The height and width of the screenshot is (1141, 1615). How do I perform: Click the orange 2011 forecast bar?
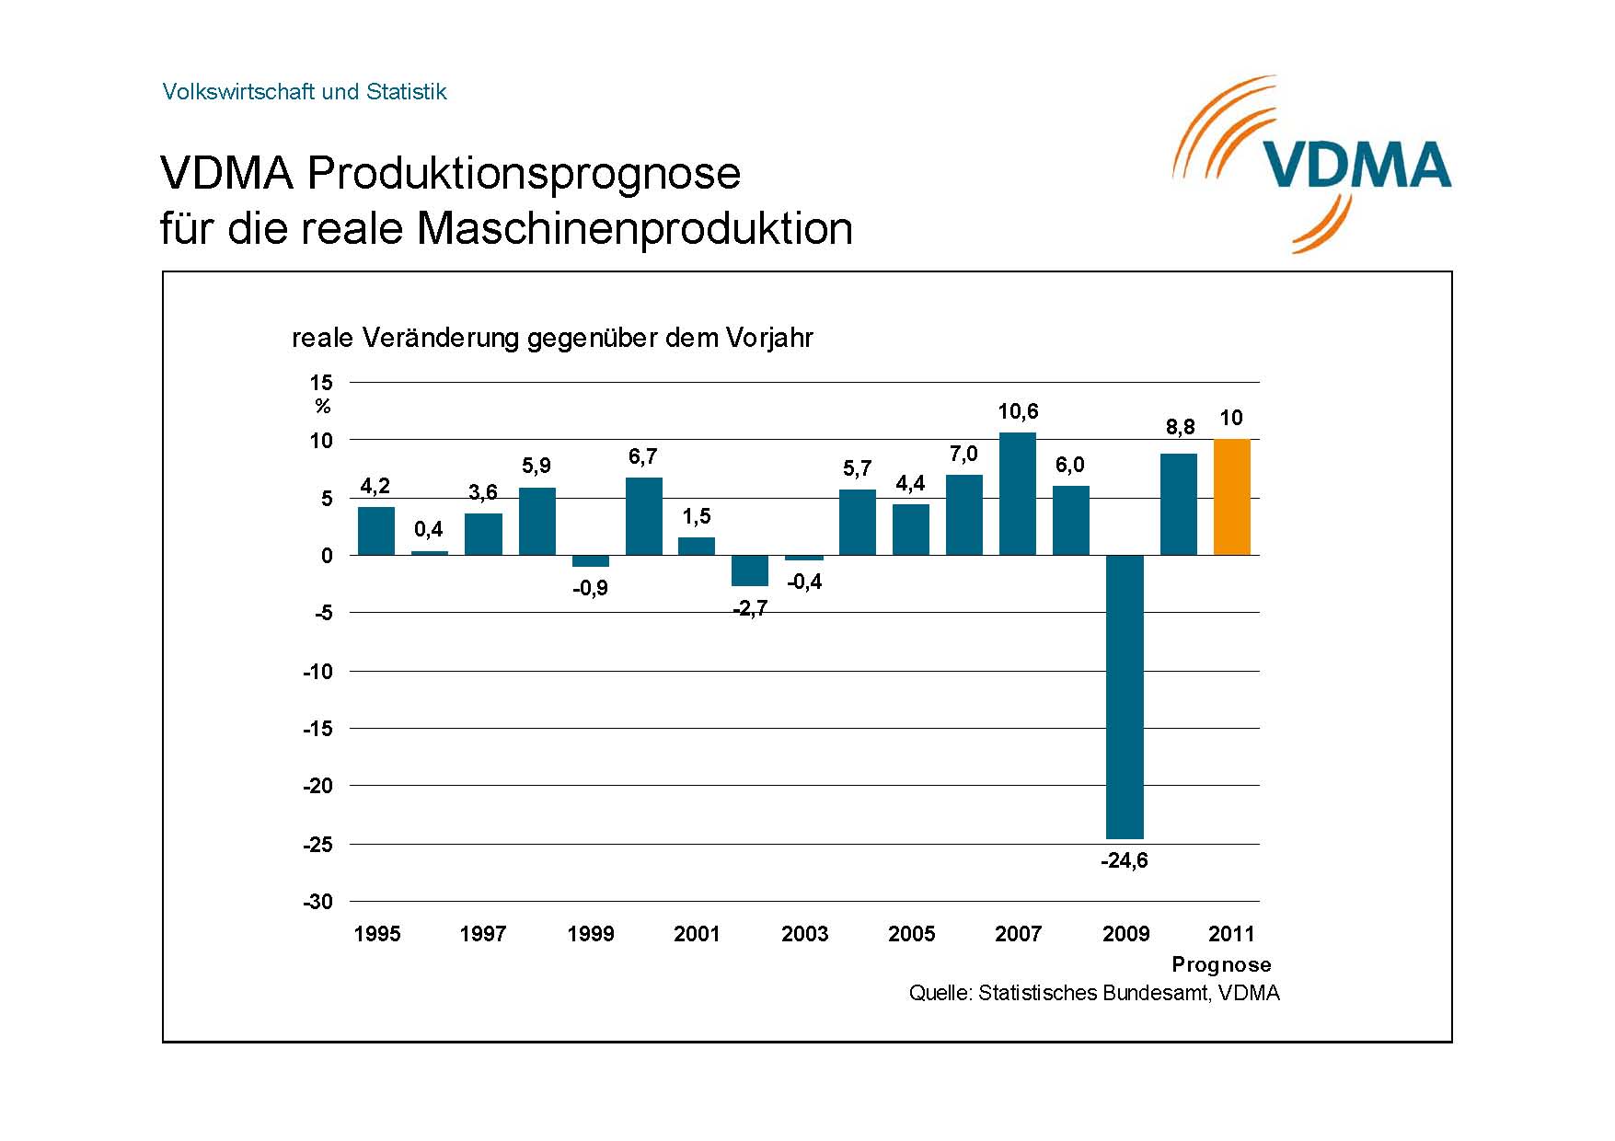(x=1231, y=498)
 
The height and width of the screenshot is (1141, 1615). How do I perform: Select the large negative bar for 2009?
(x=1125, y=697)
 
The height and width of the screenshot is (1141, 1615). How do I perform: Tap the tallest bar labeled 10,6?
(x=1017, y=494)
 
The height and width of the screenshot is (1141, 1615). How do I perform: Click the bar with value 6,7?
(x=643, y=516)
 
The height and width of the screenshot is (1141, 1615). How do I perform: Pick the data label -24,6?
(x=1125, y=861)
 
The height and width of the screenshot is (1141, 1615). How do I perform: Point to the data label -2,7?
(x=750, y=609)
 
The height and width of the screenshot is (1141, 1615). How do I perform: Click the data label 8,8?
(x=1180, y=427)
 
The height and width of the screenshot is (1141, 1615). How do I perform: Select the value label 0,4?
(x=428, y=529)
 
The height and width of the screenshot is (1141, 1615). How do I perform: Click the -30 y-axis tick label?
(x=317, y=902)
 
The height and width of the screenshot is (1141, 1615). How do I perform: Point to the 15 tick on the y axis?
(x=321, y=383)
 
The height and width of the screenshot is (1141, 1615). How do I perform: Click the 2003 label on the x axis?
(x=804, y=934)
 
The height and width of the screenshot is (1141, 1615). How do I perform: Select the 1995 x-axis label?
(x=377, y=934)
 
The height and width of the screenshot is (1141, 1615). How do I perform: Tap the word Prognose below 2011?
(x=1221, y=964)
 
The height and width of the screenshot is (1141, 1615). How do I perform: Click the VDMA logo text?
(x=1356, y=167)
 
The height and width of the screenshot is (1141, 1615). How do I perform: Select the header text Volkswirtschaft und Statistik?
(x=304, y=92)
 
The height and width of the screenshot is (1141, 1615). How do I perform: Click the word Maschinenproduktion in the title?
(x=635, y=228)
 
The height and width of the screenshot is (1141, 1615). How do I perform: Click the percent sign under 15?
(x=322, y=407)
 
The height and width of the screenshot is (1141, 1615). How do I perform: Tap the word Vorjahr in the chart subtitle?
(x=769, y=339)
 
